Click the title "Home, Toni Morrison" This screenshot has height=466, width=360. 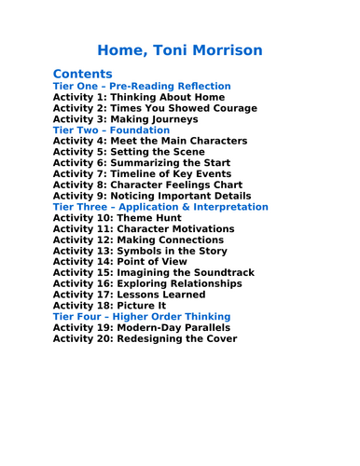pyautogui.click(x=180, y=49)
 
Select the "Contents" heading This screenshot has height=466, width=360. pyautogui.click(x=83, y=74)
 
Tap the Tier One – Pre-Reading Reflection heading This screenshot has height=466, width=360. pyautogui.click(x=142, y=87)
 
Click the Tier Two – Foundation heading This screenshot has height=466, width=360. pyautogui.click(x=111, y=130)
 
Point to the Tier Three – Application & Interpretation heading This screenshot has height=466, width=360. pyautogui.click(x=160, y=207)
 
